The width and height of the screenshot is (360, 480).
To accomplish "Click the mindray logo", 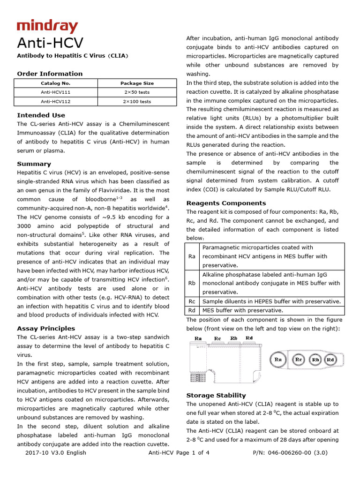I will pos(47,27).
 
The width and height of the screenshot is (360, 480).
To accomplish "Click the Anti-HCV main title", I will pos(50,43).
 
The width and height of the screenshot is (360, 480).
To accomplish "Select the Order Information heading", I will pos(50,74).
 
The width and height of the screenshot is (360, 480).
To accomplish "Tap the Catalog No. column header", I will pos(55,83).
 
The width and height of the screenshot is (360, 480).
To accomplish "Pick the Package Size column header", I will pos(137,83).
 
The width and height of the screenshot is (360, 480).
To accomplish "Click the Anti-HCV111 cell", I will pos(55,92).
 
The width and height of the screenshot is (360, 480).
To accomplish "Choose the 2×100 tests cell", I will pos(137,101).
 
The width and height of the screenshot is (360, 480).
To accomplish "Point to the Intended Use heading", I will pos(41,115).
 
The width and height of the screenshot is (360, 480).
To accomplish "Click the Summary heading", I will pos(34,164).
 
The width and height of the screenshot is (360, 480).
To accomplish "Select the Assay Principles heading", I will pos(46,328).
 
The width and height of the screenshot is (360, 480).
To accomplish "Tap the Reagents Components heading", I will pos(226,203).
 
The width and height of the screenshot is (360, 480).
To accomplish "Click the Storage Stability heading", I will pos(216,395).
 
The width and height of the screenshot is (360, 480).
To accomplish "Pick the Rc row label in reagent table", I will pos(192,301).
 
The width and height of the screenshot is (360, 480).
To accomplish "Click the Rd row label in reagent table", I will pos(192,310).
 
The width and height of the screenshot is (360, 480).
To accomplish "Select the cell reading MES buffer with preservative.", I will pos(242,310).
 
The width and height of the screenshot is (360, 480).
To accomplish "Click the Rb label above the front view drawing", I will pos(233,338).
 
